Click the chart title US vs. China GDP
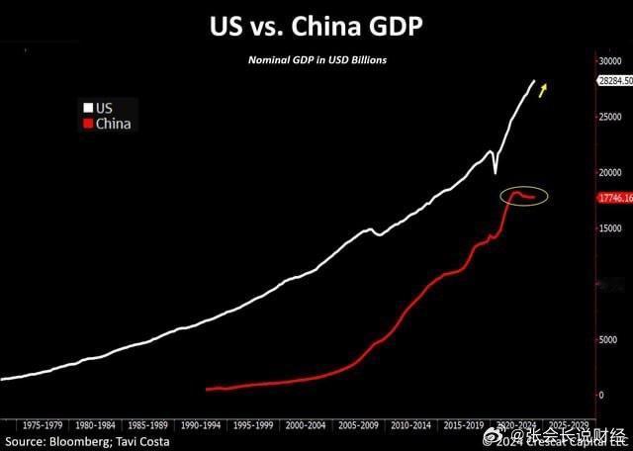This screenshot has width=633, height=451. point(316,27)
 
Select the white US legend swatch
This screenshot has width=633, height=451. point(87,107)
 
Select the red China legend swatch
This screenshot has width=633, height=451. point(87,124)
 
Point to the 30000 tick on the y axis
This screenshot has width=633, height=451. point(612,60)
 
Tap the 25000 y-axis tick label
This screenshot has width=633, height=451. point(612,116)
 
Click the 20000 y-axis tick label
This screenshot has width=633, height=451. point(612,172)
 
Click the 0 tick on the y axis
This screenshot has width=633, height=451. point(601,395)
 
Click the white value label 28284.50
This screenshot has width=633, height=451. point(613,81)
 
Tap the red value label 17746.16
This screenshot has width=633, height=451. point(613,198)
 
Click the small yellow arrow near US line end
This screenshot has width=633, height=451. point(544,92)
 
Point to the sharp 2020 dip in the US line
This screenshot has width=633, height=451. point(495,172)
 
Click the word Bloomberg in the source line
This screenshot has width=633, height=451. point(82,440)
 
